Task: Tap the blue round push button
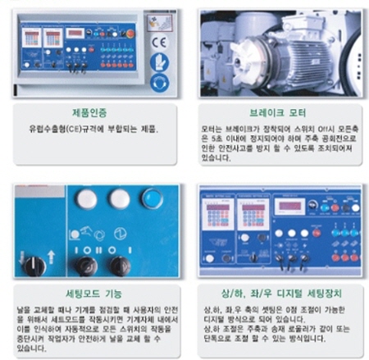[x=151, y=198]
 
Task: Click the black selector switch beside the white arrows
[x=34, y=264]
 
